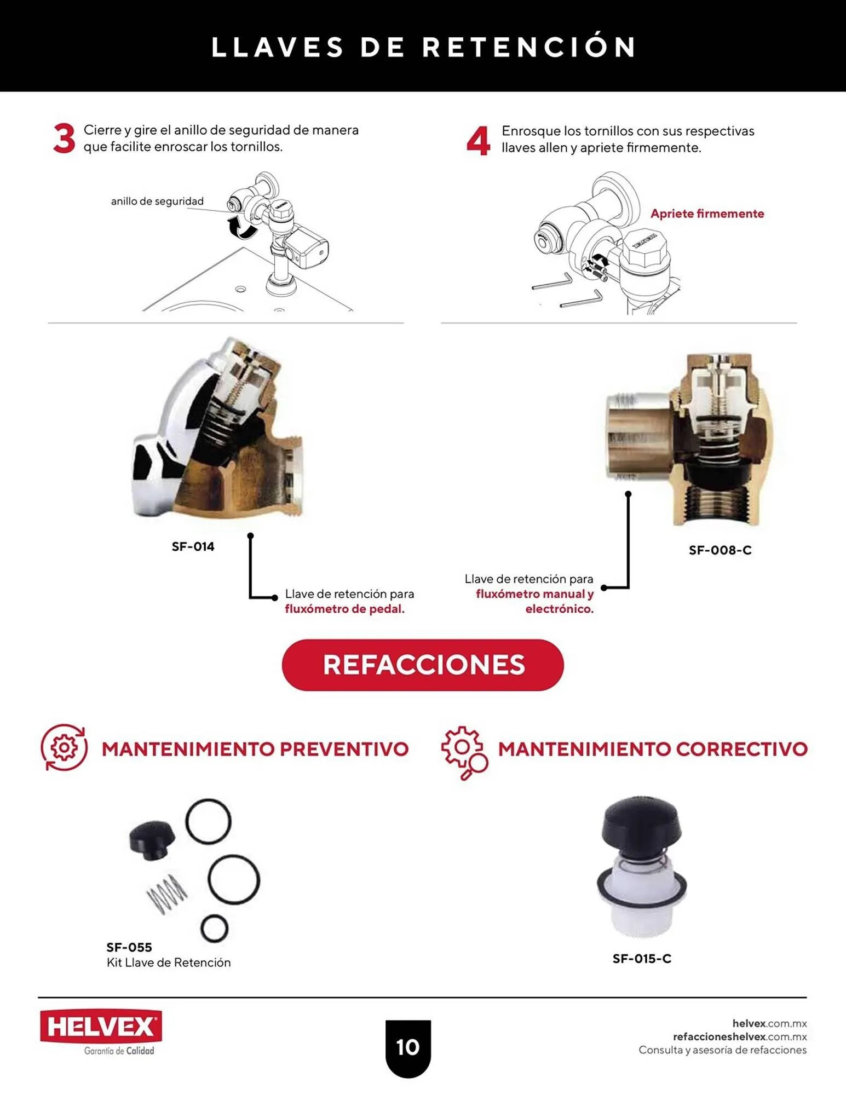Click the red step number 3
coord(64,139)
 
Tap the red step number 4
coord(478,141)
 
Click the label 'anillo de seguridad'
coord(157,201)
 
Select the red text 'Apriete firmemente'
coord(707,214)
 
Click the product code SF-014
coord(193,546)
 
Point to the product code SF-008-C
coord(720,550)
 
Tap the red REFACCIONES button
coord(423,665)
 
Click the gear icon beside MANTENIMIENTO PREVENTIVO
coord(64,748)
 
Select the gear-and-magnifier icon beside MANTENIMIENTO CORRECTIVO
coord(464,752)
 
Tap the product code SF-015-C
coord(642,959)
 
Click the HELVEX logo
coord(101,1027)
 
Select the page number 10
coord(408,1047)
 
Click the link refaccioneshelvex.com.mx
coord(740,1036)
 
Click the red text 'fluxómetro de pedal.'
coord(344,609)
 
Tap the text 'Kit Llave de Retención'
coord(169,963)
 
